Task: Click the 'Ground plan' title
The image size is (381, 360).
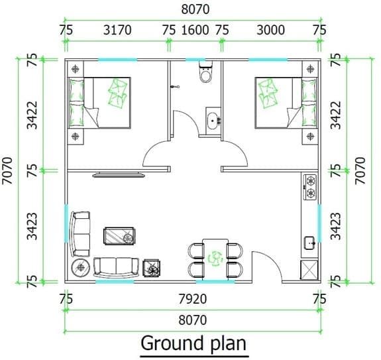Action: click(193, 344)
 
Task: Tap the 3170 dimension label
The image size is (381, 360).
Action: click(118, 30)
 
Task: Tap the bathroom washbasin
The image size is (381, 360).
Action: click(212, 121)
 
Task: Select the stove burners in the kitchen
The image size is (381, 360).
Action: click(309, 187)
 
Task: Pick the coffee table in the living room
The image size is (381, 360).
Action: click(120, 236)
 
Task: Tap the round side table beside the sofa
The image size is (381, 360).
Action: click(82, 267)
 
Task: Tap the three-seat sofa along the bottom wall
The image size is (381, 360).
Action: click(117, 267)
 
